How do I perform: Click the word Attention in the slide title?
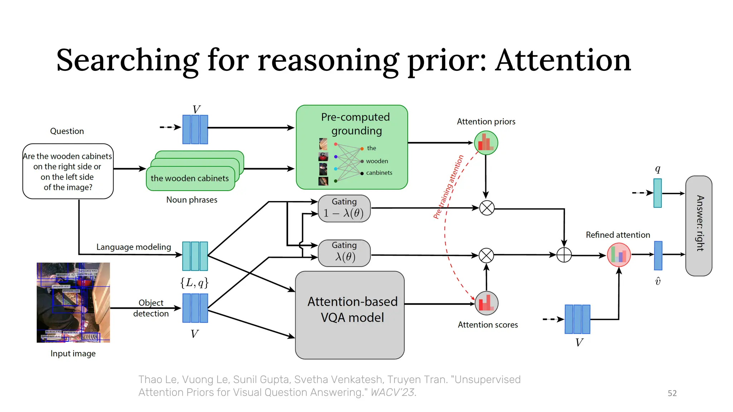pos(563,60)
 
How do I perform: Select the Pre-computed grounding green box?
pos(351,147)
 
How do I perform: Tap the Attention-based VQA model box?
pos(350,315)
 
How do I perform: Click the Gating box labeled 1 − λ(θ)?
pos(344,209)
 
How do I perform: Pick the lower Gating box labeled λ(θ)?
pos(344,253)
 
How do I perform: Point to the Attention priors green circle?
pos(486,143)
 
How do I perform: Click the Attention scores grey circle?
pos(486,303)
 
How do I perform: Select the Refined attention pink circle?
pos(619,255)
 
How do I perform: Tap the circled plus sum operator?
pos(564,255)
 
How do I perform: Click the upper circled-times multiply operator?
pos(486,208)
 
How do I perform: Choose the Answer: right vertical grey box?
pos(699,225)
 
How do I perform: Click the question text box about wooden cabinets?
pos(68,171)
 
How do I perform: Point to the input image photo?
pos(73,303)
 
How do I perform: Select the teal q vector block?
pos(657,193)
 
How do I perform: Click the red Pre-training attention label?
pos(448,187)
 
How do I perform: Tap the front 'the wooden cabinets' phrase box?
pos(190,178)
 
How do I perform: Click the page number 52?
pos(672,393)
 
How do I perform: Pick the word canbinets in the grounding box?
pos(379,173)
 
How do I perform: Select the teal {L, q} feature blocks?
pos(195,256)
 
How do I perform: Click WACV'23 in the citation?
pos(393,392)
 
